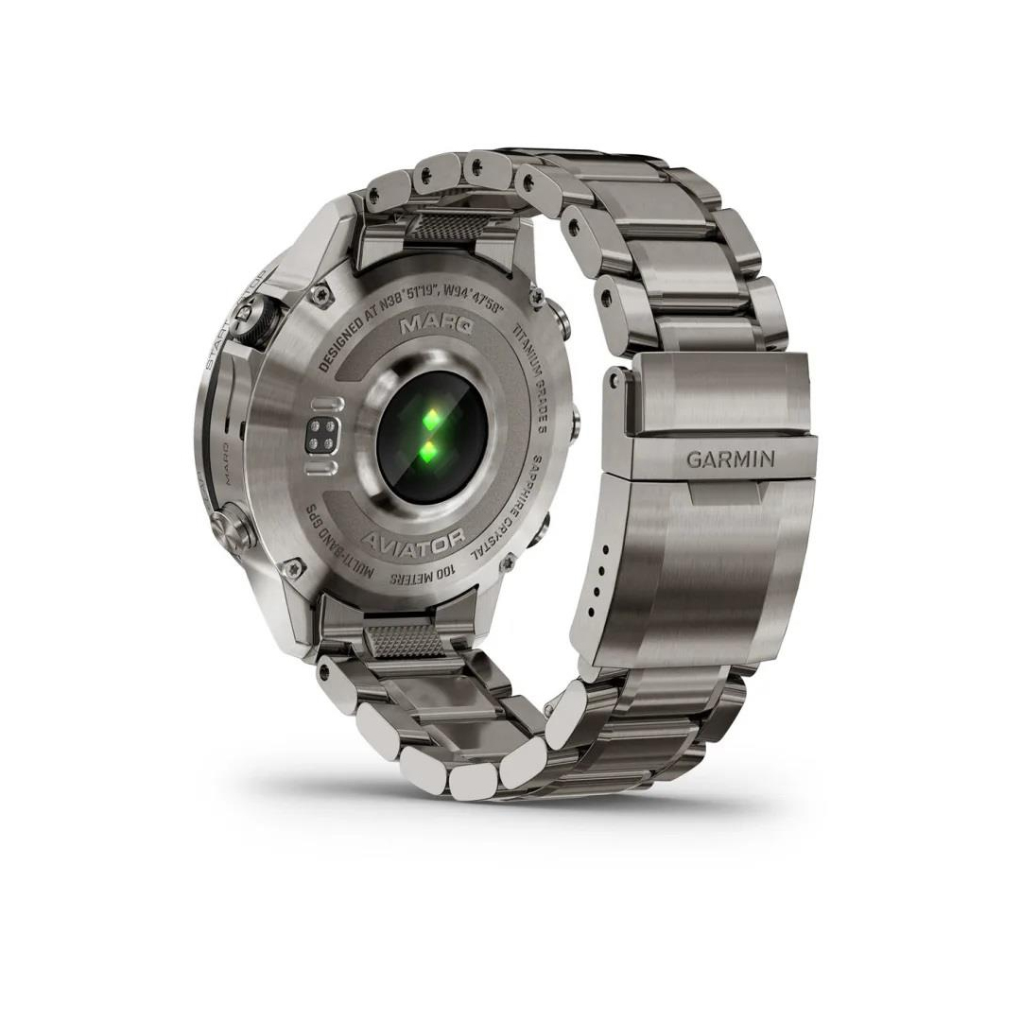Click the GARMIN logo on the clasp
[x=730, y=459]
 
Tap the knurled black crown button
[x=253, y=320]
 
